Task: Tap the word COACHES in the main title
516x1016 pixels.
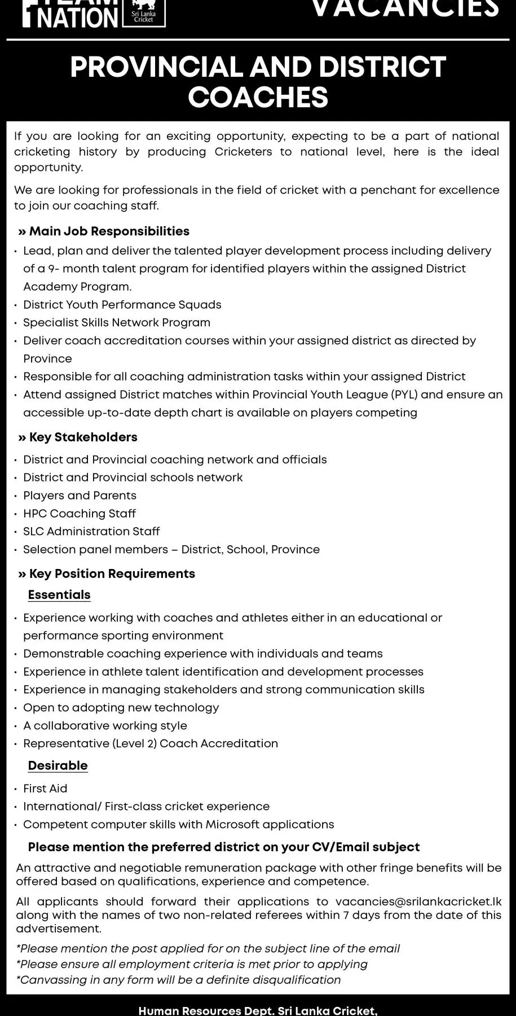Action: coord(258,97)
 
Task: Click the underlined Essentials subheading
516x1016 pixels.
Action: coord(59,595)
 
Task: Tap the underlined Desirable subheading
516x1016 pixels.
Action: coord(58,766)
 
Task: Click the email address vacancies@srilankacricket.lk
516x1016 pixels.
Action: coord(418,901)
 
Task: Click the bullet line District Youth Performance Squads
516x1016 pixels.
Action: coord(122,305)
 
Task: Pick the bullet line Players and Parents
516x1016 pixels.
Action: coord(80,496)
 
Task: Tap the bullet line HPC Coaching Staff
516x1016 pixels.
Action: coord(80,514)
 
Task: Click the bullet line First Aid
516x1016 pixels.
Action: coord(45,789)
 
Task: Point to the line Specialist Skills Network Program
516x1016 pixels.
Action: coord(117,323)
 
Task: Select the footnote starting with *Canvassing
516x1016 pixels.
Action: coord(178,980)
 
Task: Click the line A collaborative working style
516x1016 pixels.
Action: coord(105,725)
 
